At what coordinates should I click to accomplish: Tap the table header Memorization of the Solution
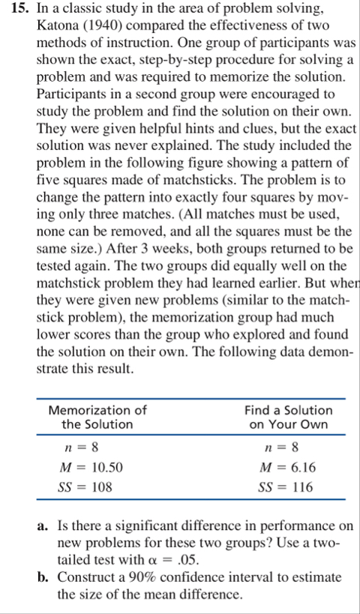click(x=97, y=417)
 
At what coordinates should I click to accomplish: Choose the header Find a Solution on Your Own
click(x=288, y=417)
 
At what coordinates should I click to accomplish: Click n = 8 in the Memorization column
click(x=82, y=448)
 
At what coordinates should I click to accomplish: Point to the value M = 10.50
click(x=91, y=468)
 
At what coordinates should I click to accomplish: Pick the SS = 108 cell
click(x=85, y=487)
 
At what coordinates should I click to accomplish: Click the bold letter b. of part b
click(x=44, y=578)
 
